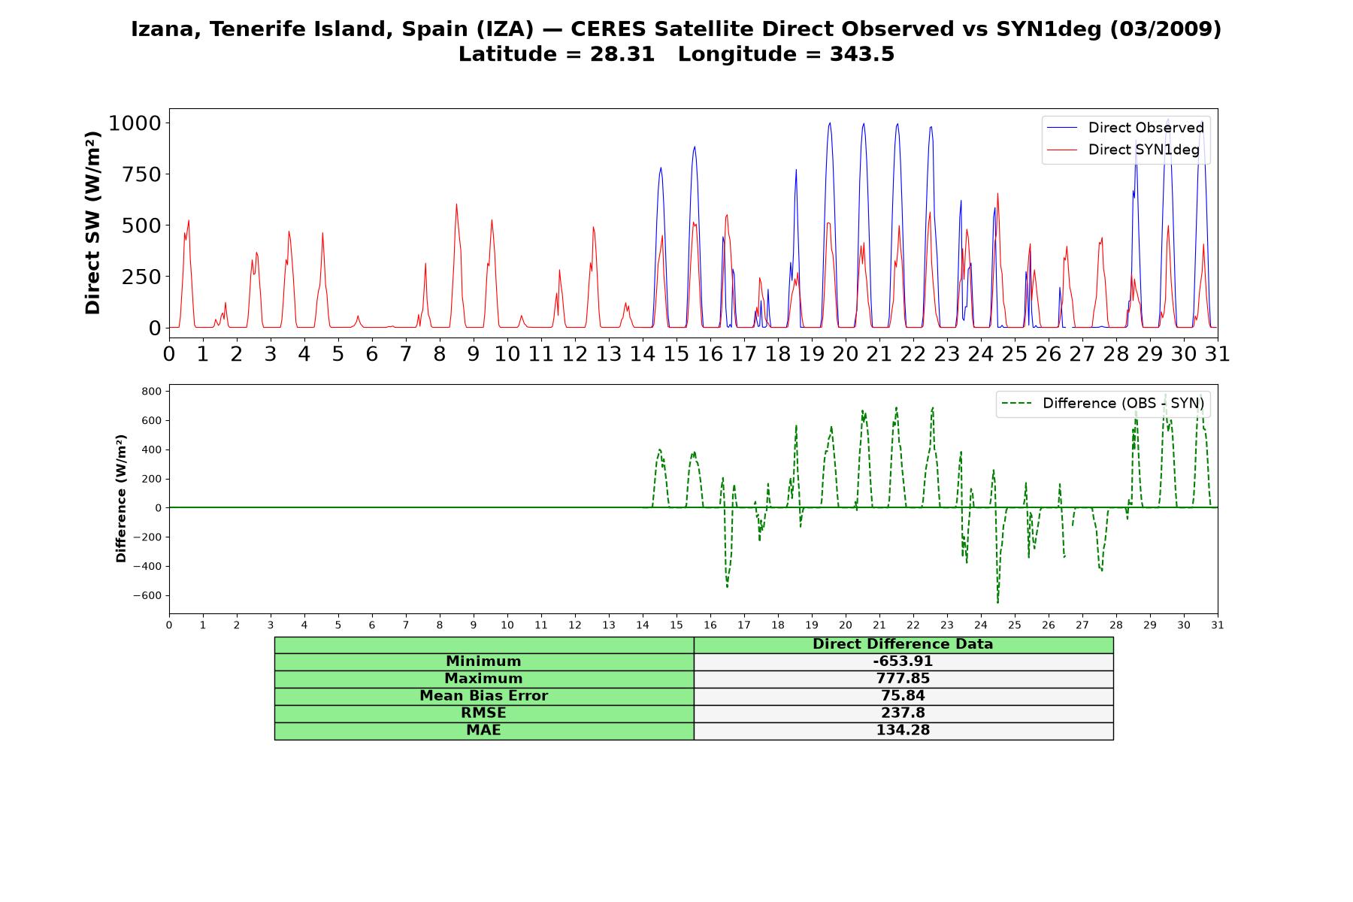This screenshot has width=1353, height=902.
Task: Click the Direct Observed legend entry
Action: pyautogui.click(x=1125, y=128)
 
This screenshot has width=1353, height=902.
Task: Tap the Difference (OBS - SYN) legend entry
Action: pyautogui.click(x=1103, y=404)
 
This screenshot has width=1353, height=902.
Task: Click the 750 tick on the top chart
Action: pyautogui.click(x=142, y=174)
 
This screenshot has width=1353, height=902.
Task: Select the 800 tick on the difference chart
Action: pyautogui.click(x=151, y=392)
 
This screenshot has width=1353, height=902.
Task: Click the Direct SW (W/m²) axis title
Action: pyautogui.click(x=92, y=222)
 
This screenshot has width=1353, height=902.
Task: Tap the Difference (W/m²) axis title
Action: pyautogui.click(x=121, y=498)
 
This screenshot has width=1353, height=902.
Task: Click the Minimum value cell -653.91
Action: pyautogui.click(x=903, y=661)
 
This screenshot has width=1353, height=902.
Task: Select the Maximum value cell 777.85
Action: pyautogui.click(x=903, y=679)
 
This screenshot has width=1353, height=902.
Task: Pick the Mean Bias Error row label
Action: pyautogui.click(x=483, y=696)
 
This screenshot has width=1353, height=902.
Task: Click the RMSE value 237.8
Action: pyautogui.click(x=903, y=713)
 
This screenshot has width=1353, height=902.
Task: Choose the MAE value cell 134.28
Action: pyautogui.click(x=903, y=731)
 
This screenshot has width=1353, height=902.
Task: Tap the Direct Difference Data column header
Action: pyautogui.click(x=903, y=644)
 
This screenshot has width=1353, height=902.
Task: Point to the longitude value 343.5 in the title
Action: pyautogui.click(x=862, y=54)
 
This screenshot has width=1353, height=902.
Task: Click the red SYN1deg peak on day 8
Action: pyautogui.click(x=456, y=204)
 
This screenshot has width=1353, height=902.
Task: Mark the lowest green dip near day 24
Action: pyautogui.click(x=997, y=602)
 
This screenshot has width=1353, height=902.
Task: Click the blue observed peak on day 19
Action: pyautogui.click(x=830, y=123)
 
